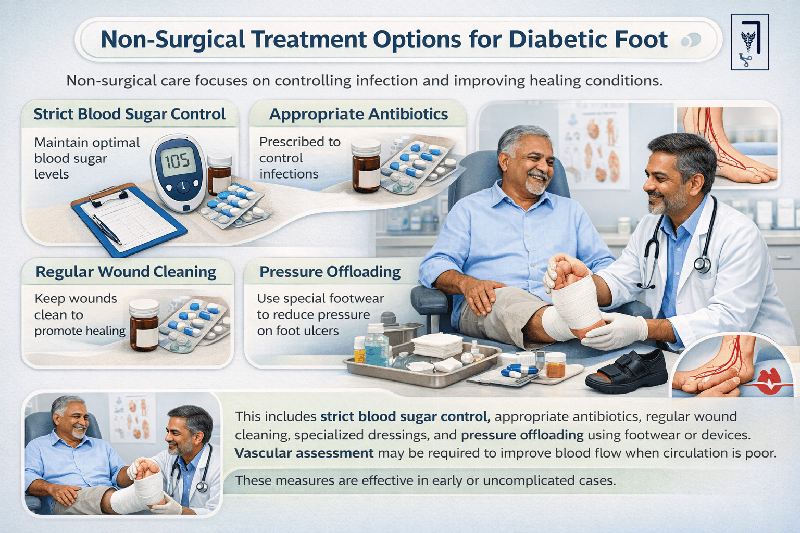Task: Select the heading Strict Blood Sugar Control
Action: (x=129, y=114)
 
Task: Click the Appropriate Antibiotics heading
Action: (x=358, y=114)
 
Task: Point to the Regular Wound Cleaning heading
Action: (x=126, y=272)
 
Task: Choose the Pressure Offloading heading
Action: (x=330, y=272)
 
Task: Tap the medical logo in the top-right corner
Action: (x=749, y=42)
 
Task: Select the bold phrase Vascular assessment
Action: (x=304, y=453)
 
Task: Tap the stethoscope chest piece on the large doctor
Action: (x=702, y=264)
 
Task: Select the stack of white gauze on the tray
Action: (x=436, y=345)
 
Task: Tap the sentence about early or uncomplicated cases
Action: (x=425, y=480)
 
